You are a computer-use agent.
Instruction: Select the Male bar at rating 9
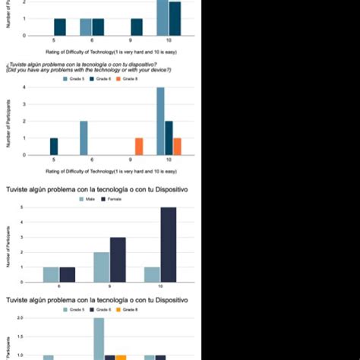click(x=102, y=267)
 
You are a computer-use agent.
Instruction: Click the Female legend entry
click(x=112, y=198)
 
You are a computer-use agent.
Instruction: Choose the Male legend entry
click(x=87, y=198)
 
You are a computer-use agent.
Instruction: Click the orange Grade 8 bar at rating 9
click(x=139, y=146)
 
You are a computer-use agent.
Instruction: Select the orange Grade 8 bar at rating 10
click(x=177, y=146)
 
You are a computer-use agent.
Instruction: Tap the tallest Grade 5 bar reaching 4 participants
click(x=160, y=122)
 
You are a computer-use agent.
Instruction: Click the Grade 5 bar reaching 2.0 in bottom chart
click(x=99, y=339)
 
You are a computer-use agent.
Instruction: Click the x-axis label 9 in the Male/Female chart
click(x=110, y=286)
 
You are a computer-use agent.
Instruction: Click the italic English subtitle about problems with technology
click(x=87, y=70)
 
